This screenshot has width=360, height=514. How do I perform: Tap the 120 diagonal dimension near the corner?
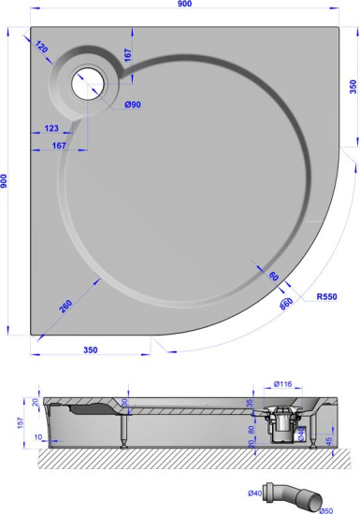point(42,47)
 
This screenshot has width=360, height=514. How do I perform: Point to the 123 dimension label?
point(50,129)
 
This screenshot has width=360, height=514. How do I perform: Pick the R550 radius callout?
point(326,297)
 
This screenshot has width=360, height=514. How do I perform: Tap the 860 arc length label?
point(286,302)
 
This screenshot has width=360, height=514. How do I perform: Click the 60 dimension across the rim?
point(274,277)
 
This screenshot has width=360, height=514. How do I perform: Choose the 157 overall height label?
point(7,421)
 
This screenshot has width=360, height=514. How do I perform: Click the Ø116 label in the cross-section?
point(283,384)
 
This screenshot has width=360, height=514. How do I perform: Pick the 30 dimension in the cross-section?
point(126,403)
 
